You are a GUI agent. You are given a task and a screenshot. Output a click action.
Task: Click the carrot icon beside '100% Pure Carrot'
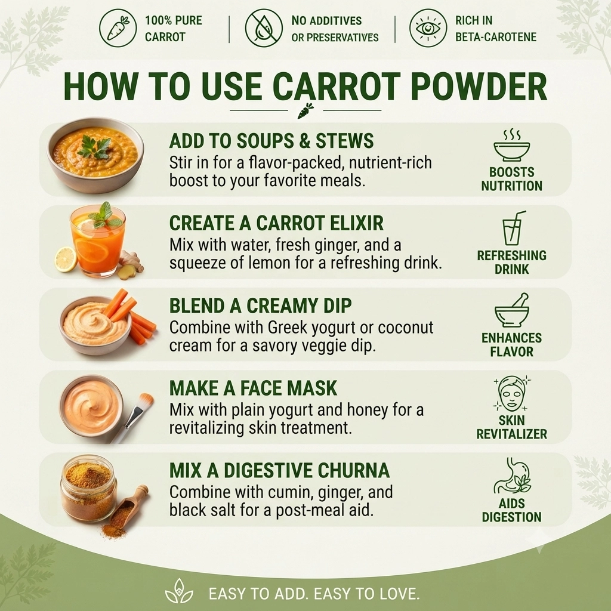[118, 28]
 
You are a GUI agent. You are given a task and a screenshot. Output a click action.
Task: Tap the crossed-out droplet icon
[263, 28]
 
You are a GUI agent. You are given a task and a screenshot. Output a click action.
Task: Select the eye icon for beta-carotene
[428, 28]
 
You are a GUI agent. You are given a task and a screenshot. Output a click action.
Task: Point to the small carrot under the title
[305, 110]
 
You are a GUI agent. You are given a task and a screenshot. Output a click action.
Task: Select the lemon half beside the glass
[66, 259]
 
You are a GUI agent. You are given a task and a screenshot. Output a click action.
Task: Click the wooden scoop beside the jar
[129, 505]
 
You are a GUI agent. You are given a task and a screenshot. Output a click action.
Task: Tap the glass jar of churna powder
[88, 488]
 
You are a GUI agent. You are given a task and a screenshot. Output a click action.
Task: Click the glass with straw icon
[513, 228]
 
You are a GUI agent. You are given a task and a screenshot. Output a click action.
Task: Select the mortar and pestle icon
[512, 310]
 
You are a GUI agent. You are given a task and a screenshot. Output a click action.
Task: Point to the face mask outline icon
[511, 394]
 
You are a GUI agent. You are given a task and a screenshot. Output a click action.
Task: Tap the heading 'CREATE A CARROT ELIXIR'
[276, 223]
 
